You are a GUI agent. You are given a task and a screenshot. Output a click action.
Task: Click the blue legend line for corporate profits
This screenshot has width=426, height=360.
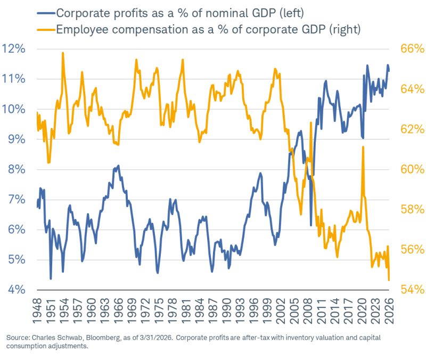point(46,13)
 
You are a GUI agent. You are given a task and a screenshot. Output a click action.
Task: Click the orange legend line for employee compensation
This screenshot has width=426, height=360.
point(46,29)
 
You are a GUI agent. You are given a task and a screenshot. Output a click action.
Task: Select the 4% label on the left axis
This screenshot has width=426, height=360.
point(17,290)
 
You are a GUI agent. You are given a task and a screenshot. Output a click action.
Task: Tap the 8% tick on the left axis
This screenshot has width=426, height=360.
point(17,169)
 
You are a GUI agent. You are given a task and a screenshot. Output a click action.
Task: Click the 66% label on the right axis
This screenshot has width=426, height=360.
point(412,49)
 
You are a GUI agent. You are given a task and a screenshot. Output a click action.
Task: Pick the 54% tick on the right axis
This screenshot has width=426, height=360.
point(412,290)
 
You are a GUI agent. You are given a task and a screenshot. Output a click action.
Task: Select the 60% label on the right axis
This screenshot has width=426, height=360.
point(412,169)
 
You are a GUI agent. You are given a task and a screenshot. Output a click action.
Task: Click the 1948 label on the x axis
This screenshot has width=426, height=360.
point(37,311)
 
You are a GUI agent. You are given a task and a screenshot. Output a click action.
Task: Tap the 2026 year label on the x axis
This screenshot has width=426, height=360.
point(389,311)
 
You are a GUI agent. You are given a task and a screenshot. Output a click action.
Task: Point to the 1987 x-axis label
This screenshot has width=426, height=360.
point(213,311)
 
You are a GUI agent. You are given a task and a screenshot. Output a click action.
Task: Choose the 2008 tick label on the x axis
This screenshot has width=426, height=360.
point(308,311)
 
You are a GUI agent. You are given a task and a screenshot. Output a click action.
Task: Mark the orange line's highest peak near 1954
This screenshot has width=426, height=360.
point(63,53)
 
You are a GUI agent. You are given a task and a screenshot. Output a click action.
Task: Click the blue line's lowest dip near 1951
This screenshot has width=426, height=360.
point(51,279)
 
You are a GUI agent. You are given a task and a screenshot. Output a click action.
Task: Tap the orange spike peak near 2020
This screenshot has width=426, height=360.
point(363,147)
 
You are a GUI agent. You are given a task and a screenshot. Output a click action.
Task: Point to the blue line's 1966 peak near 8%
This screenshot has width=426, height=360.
point(118,166)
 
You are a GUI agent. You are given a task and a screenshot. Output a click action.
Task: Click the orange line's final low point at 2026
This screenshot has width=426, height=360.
point(389,280)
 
